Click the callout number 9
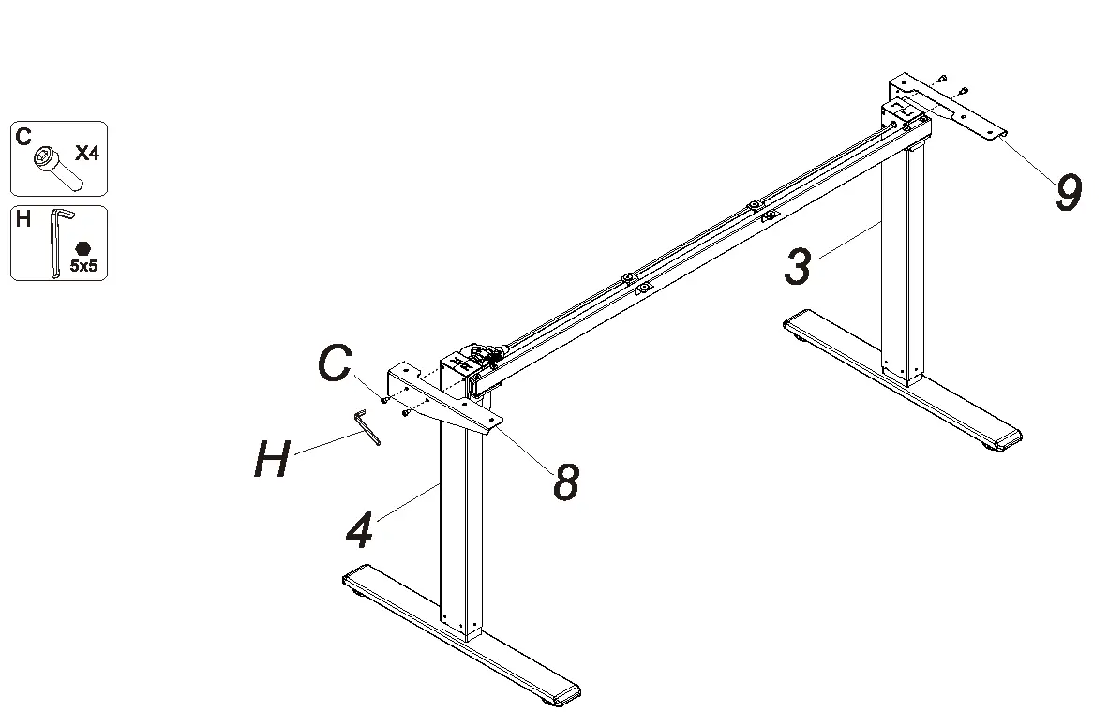[x=1068, y=193]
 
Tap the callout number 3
[x=798, y=266]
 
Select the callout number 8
[x=565, y=482]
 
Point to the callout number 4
[x=359, y=531]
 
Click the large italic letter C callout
[x=335, y=363]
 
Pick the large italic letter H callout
[x=272, y=460]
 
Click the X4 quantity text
[x=86, y=154]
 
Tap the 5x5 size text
[x=84, y=267]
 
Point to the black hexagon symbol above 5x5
[x=84, y=248]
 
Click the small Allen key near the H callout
[x=367, y=427]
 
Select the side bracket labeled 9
[x=947, y=107]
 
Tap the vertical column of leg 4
[x=460, y=525]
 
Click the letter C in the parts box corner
[x=23, y=137]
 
